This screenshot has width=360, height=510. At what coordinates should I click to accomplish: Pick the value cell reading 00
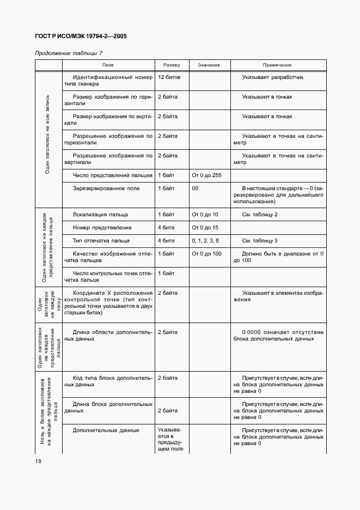click(x=195, y=189)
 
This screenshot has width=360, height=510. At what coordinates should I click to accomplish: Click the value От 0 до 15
click(x=205, y=228)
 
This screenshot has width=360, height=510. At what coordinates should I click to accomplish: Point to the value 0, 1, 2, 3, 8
click(x=206, y=241)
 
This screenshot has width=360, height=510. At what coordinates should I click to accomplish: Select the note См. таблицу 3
click(x=260, y=241)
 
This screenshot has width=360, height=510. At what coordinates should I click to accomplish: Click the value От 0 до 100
click(x=206, y=254)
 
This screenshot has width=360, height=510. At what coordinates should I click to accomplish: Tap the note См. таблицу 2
click(x=260, y=215)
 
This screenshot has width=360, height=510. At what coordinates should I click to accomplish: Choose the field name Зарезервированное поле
click(x=106, y=189)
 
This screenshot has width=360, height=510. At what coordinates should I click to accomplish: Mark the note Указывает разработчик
click(x=272, y=77)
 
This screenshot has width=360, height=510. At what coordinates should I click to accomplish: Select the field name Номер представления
click(x=102, y=228)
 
